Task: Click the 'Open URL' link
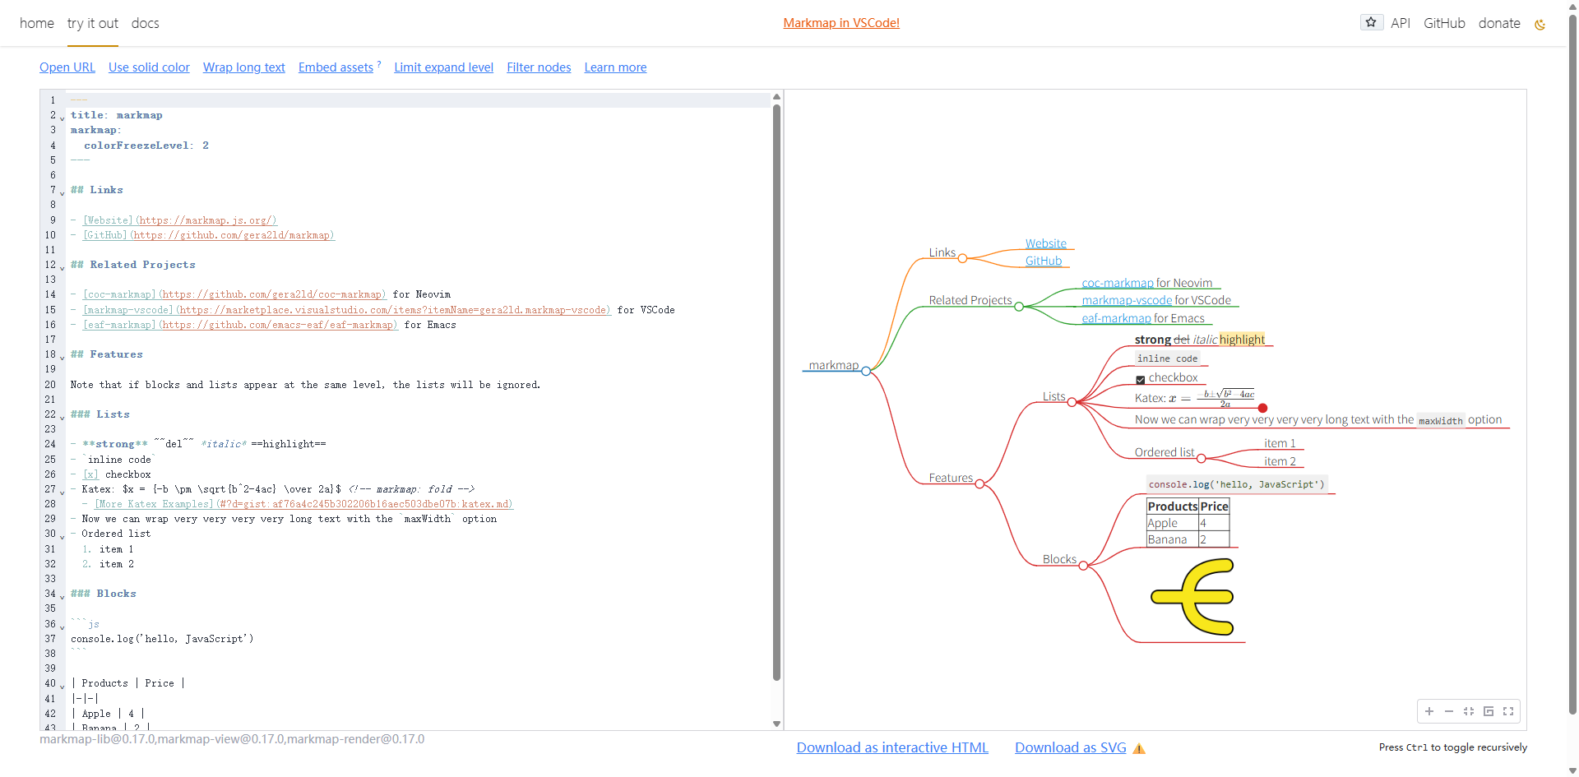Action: [67, 67]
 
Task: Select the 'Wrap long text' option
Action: [244, 67]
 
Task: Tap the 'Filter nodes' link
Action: [539, 67]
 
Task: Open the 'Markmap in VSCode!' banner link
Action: [841, 23]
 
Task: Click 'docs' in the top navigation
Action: [146, 23]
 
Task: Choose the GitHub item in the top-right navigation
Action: [1444, 23]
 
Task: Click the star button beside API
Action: [1371, 22]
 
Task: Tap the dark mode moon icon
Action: [1540, 25]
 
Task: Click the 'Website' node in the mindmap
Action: [1046, 243]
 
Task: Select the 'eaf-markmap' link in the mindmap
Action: [1116, 318]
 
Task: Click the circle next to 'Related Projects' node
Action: [1019, 307]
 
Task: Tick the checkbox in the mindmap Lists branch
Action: [1141, 379]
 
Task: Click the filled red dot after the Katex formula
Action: [1262, 408]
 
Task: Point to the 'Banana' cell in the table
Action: [1167, 539]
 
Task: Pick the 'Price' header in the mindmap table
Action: [1214, 506]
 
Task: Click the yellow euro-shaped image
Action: [1193, 597]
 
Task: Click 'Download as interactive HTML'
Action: [892, 747]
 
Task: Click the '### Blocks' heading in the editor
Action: [104, 594]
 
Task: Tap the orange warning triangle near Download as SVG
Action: [1139, 748]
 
